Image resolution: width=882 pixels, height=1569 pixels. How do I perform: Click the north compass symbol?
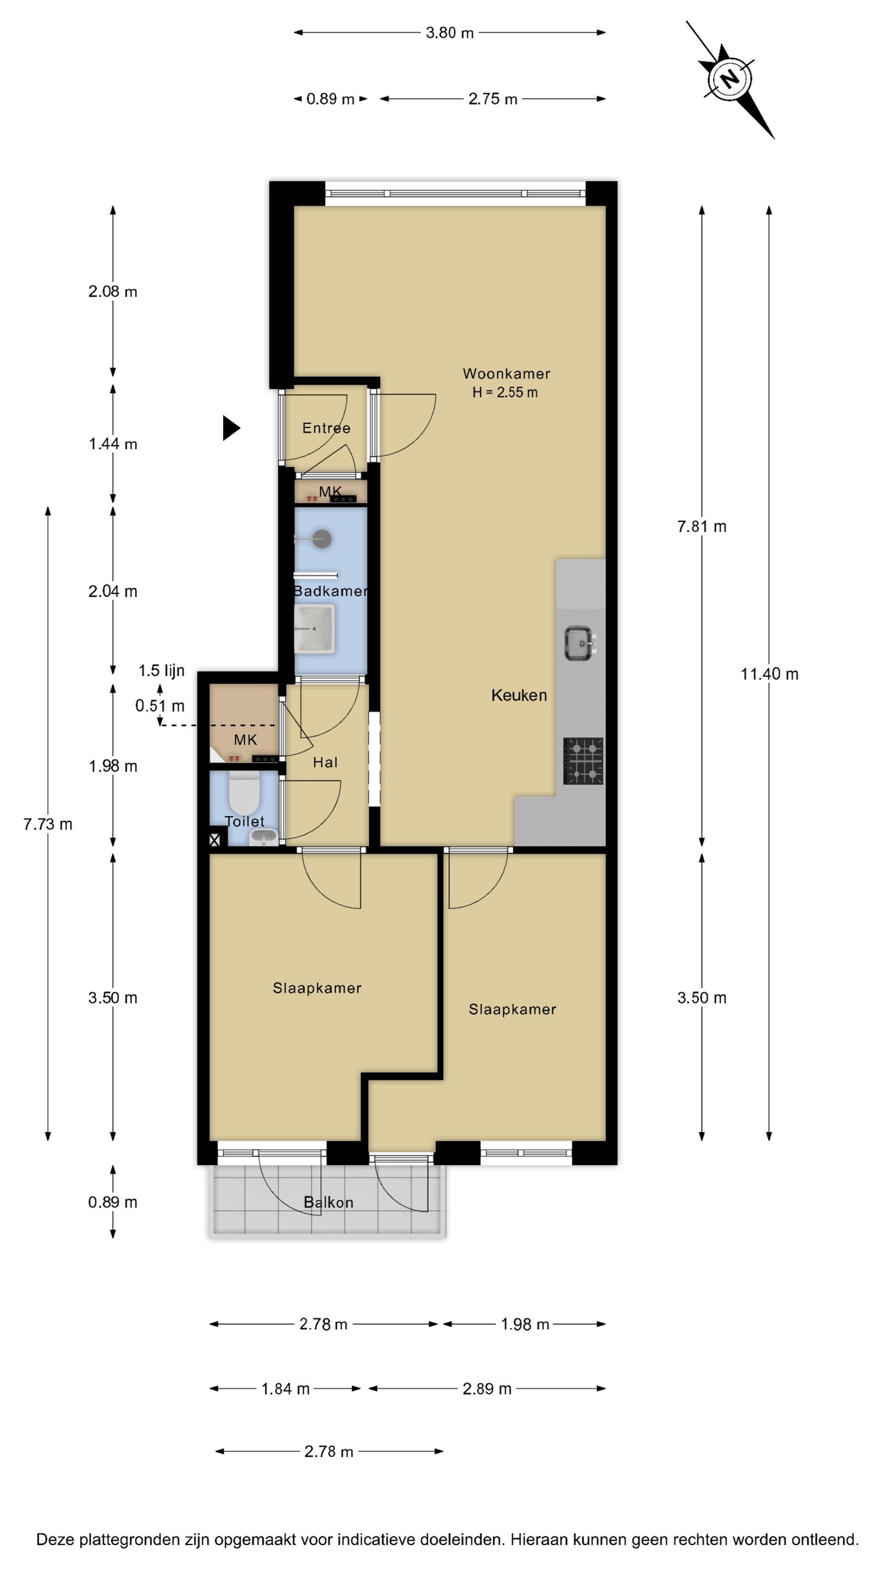tap(730, 79)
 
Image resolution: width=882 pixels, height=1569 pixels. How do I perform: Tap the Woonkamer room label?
tap(506, 373)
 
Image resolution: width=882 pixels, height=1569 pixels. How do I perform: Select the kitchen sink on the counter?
tap(579, 643)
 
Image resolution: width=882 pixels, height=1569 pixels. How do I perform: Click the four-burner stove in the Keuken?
tap(583, 761)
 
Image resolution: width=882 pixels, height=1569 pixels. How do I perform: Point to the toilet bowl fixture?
tap(244, 793)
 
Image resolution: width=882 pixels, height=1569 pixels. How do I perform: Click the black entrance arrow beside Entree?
tap(231, 428)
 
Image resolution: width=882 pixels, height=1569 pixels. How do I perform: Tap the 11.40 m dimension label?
tap(769, 674)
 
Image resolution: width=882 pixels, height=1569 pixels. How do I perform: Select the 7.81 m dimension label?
tap(702, 526)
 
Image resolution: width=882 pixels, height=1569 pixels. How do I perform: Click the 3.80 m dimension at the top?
tap(450, 33)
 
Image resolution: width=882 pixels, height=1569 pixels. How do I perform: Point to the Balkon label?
tap(328, 1202)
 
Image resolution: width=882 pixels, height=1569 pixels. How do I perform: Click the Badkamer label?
tap(330, 591)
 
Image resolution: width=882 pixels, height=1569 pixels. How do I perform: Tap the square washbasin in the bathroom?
tap(315, 629)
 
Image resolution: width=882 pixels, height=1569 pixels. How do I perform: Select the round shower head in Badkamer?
tap(321, 538)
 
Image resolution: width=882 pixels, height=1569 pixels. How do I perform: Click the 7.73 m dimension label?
tap(47, 824)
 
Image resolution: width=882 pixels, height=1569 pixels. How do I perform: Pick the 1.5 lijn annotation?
tap(161, 671)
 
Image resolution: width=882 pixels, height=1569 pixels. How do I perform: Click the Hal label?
tap(325, 762)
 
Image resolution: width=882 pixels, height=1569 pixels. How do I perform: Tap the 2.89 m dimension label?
tap(487, 1389)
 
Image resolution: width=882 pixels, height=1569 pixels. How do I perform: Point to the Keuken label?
tap(519, 695)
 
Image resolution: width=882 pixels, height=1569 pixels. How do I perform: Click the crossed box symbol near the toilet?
tap(215, 841)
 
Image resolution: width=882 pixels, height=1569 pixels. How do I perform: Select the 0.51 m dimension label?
tap(160, 706)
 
